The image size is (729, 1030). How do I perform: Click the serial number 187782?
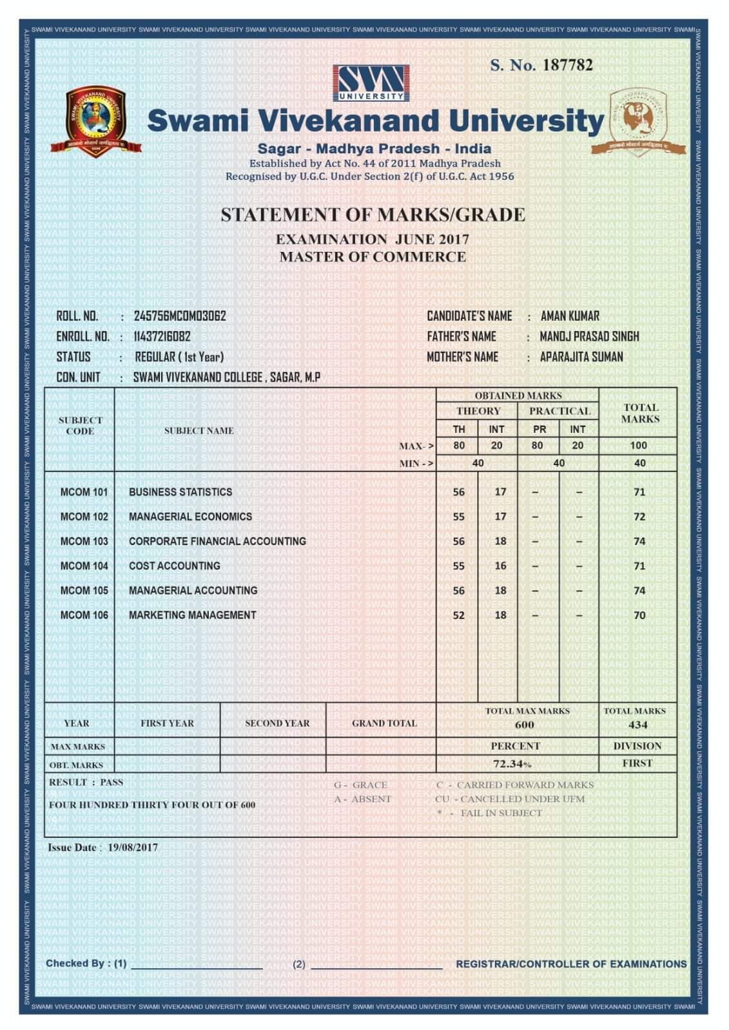click(x=567, y=65)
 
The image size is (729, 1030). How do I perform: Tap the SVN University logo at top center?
click(x=371, y=83)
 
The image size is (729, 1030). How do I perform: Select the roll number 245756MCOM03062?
click(x=180, y=316)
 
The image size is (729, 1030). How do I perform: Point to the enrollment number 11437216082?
click(x=162, y=336)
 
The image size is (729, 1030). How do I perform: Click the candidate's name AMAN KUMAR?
click(x=570, y=316)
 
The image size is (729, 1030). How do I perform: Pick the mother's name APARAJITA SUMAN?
click(x=581, y=357)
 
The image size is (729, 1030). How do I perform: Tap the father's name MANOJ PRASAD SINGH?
click(x=589, y=336)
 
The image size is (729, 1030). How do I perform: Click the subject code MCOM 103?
click(x=84, y=541)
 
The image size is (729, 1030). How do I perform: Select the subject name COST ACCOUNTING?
click(x=174, y=566)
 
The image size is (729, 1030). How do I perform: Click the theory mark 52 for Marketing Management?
click(x=458, y=615)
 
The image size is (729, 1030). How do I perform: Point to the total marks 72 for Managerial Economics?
click(x=639, y=517)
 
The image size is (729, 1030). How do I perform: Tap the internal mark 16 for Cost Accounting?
click(x=500, y=566)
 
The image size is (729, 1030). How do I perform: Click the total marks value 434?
click(x=637, y=725)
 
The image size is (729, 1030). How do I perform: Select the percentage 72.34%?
click(x=513, y=764)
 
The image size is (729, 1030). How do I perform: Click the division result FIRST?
click(x=637, y=763)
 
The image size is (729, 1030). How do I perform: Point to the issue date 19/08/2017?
click(x=133, y=848)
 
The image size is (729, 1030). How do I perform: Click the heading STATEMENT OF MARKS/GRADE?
click(x=373, y=215)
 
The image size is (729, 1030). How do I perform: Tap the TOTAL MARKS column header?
click(x=640, y=413)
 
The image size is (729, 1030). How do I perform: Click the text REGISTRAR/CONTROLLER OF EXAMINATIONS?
click(x=571, y=964)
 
